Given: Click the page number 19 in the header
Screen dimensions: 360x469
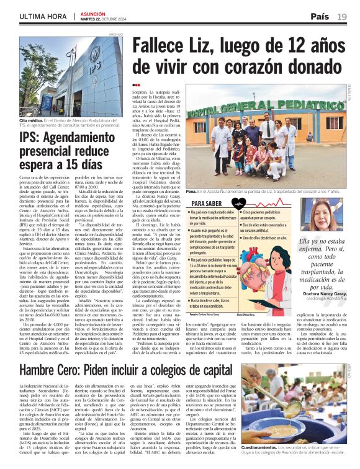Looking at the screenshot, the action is [343, 16].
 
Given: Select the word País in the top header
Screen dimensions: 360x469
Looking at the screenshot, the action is [320, 16].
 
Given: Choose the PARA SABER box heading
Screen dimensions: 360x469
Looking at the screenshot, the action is [207, 203].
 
